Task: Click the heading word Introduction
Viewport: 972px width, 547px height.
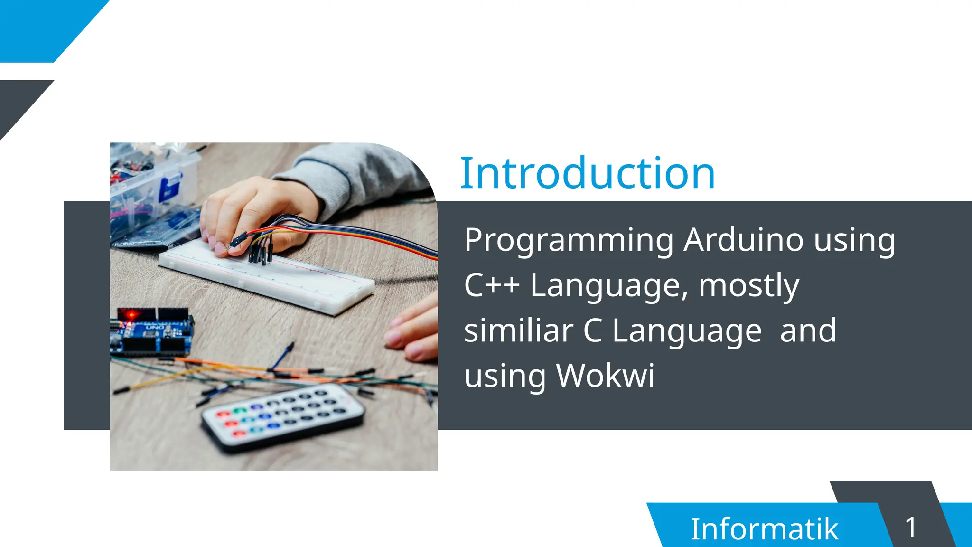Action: (x=588, y=173)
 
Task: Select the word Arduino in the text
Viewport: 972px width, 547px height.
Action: (x=743, y=240)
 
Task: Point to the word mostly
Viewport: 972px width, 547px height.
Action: (x=749, y=286)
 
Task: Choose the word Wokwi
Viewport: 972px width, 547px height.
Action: (x=605, y=376)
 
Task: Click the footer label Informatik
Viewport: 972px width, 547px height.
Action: (x=764, y=528)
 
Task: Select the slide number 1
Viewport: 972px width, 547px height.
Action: (x=910, y=527)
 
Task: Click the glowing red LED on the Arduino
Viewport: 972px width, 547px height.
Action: (x=131, y=314)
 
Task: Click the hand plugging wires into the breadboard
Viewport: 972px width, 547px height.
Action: (x=242, y=214)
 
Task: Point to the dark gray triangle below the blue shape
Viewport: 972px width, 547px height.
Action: (x=19, y=102)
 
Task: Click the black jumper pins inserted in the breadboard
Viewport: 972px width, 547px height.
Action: (x=260, y=252)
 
